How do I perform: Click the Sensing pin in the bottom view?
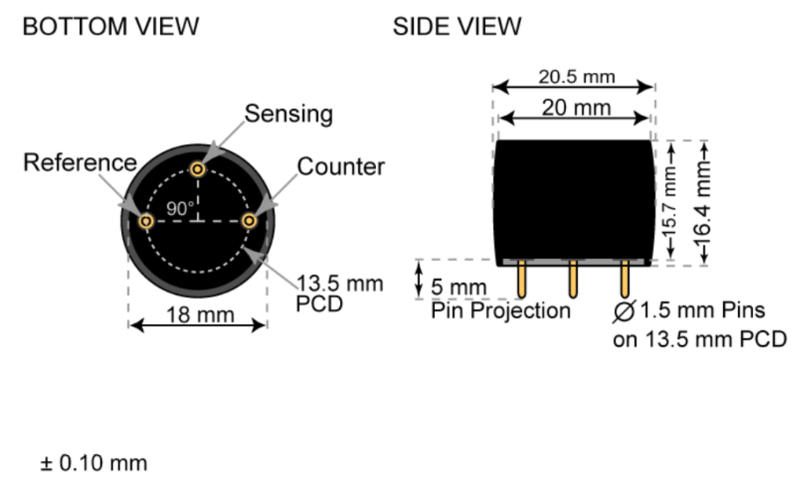tap(198, 169)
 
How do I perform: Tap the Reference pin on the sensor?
tap(146, 221)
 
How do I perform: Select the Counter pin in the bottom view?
tap(249, 221)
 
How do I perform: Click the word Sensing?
tap(289, 115)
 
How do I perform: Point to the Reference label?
tap(79, 163)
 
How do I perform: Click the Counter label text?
tap(341, 167)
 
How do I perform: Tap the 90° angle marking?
tap(180, 209)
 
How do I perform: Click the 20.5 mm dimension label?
tap(576, 77)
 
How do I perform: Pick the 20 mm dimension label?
tap(576, 107)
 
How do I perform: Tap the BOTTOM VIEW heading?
tap(110, 27)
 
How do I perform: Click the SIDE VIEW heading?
tap(456, 27)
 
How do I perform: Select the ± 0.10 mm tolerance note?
tap(93, 463)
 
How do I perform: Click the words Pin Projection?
tap(500, 311)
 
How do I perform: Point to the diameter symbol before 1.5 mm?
tap(624, 311)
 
